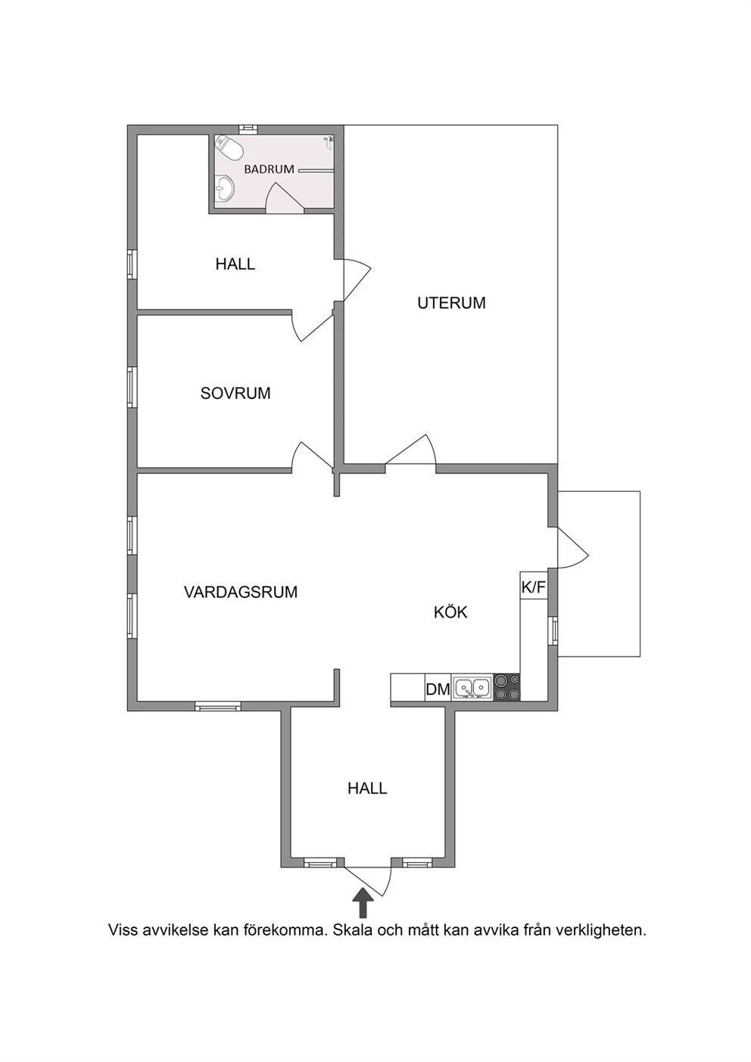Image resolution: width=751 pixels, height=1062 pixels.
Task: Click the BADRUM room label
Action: tap(269, 170)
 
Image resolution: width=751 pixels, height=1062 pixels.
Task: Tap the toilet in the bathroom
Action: tap(229, 147)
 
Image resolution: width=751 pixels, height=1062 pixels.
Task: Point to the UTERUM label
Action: tap(451, 303)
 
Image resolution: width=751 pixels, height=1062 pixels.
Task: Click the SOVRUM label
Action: tap(235, 393)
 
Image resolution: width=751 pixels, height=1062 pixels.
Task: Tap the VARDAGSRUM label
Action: tap(241, 592)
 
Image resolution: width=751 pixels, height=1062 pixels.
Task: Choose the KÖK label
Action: tap(450, 612)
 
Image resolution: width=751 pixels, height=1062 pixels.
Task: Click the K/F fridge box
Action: tap(534, 587)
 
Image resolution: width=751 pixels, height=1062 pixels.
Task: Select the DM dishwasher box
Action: tap(438, 689)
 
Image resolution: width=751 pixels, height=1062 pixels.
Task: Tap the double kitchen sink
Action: tap(472, 687)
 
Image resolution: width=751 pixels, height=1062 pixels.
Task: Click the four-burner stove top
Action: tap(506, 687)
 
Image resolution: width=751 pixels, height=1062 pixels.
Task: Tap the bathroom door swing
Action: tap(285, 196)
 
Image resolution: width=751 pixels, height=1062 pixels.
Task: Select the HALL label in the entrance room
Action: tap(367, 789)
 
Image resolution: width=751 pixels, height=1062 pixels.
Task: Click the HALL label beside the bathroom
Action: tap(235, 264)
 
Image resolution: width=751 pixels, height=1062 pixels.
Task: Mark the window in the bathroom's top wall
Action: tap(248, 129)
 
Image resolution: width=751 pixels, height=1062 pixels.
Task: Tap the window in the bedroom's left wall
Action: tap(132, 386)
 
